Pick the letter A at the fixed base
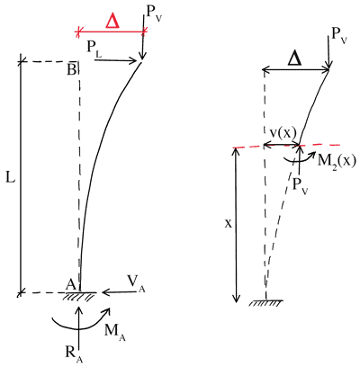(x=69, y=283)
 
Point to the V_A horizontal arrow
(x=116, y=291)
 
